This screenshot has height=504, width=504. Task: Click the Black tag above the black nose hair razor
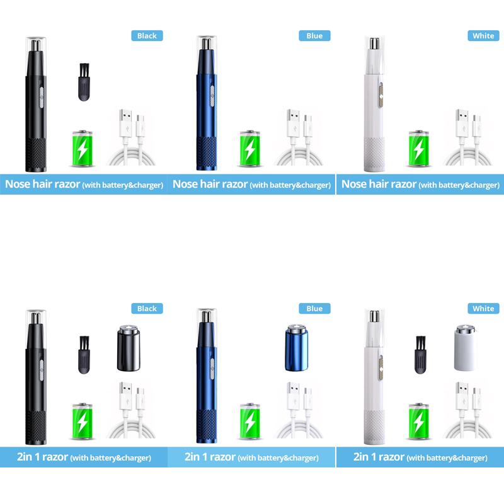pyautogui.click(x=147, y=36)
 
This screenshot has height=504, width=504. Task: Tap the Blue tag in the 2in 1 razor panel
pyautogui.click(x=314, y=309)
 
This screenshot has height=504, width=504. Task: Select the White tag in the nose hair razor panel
pyautogui.click(x=483, y=36)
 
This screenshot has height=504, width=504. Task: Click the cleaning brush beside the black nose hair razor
pyautogui.click(x=83, y=81)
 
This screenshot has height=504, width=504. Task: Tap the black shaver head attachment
pyautogui.click(x=127, y=348)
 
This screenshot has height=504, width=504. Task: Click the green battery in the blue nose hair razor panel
pyautogui.click(x=250, y=149)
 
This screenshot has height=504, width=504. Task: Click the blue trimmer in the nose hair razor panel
pyautogui.click(x=205, y=104)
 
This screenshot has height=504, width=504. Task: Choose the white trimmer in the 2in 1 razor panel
pyautogui.click(x=374, y=377)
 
